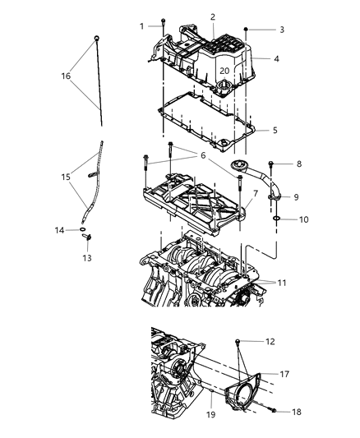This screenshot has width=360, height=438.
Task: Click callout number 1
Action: pos(141,25)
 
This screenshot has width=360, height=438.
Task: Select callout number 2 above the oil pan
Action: pos(213,16)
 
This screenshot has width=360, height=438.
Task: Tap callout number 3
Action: pos(282,30)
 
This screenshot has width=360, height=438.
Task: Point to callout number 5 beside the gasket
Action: pos(275,129)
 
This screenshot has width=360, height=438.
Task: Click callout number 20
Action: pos(224,71)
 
